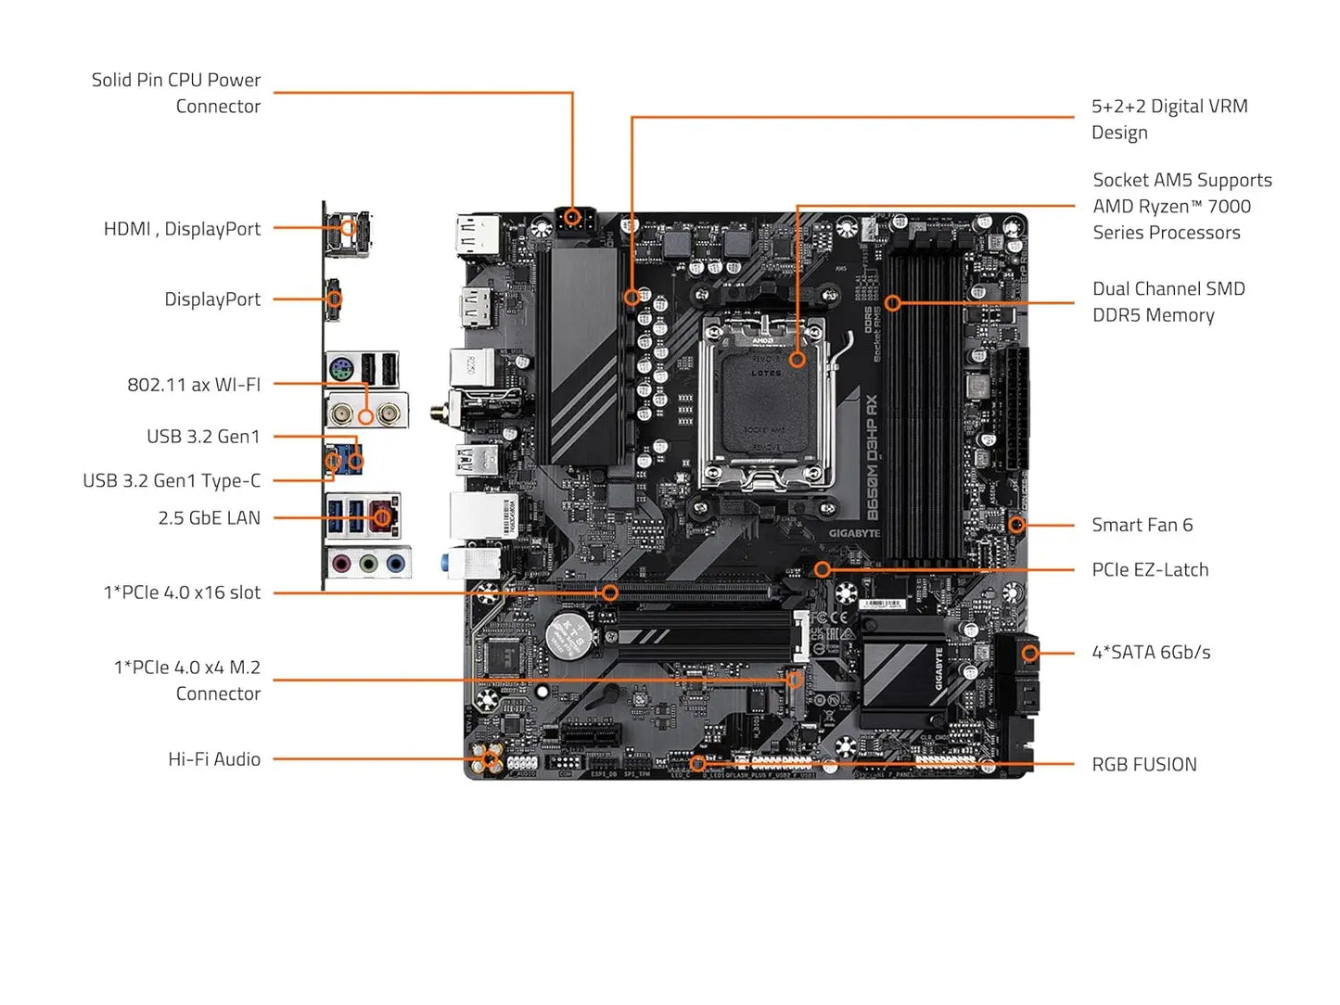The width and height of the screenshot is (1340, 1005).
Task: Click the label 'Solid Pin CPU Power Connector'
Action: tap(176, 93)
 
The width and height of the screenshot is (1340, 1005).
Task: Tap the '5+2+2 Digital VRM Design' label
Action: tap(1168, 119)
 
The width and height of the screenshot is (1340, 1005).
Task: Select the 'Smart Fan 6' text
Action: tap(1142, 525)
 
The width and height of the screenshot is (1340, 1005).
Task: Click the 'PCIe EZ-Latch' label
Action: tap(1150, 569)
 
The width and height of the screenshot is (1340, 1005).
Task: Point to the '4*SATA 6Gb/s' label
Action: tap(1151, 652)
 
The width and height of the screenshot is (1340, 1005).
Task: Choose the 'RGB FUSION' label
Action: tap(1143, 764)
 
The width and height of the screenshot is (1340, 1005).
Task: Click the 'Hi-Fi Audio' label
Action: tap(214, 758)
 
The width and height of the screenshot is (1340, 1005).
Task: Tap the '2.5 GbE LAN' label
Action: tap(209, 517)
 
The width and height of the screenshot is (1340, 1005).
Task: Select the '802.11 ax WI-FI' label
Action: tap(194, 384)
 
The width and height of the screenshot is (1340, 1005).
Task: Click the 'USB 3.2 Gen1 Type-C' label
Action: tap(172, 480)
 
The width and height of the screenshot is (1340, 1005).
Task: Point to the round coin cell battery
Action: tap(568, 633)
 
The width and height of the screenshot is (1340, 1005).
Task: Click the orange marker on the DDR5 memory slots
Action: tap(892, 302)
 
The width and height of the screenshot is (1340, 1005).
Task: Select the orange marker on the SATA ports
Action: tap(1029, 654)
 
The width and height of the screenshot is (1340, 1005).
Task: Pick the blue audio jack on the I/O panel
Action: tap(396, 563)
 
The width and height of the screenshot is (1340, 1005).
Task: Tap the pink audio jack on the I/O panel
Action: tap(341, 563)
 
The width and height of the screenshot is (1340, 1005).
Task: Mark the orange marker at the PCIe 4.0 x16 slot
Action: tap(609, 592)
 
